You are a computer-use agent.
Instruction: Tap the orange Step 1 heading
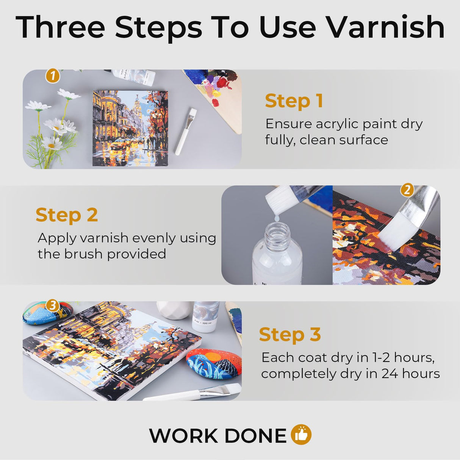coord(294,101)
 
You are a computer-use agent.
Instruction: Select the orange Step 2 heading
coord(67,215)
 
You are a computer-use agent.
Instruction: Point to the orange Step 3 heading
coord(290,335)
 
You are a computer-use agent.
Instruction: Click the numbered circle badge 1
coord(53,76)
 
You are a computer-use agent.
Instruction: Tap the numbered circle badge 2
coord(407,189)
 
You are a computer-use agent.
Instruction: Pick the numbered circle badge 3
coord(53,305)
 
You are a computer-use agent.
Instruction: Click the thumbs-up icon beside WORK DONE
coord(301,435)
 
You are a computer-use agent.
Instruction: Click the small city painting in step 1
coord(130,128)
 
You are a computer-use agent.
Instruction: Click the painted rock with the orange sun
coord(214,363)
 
